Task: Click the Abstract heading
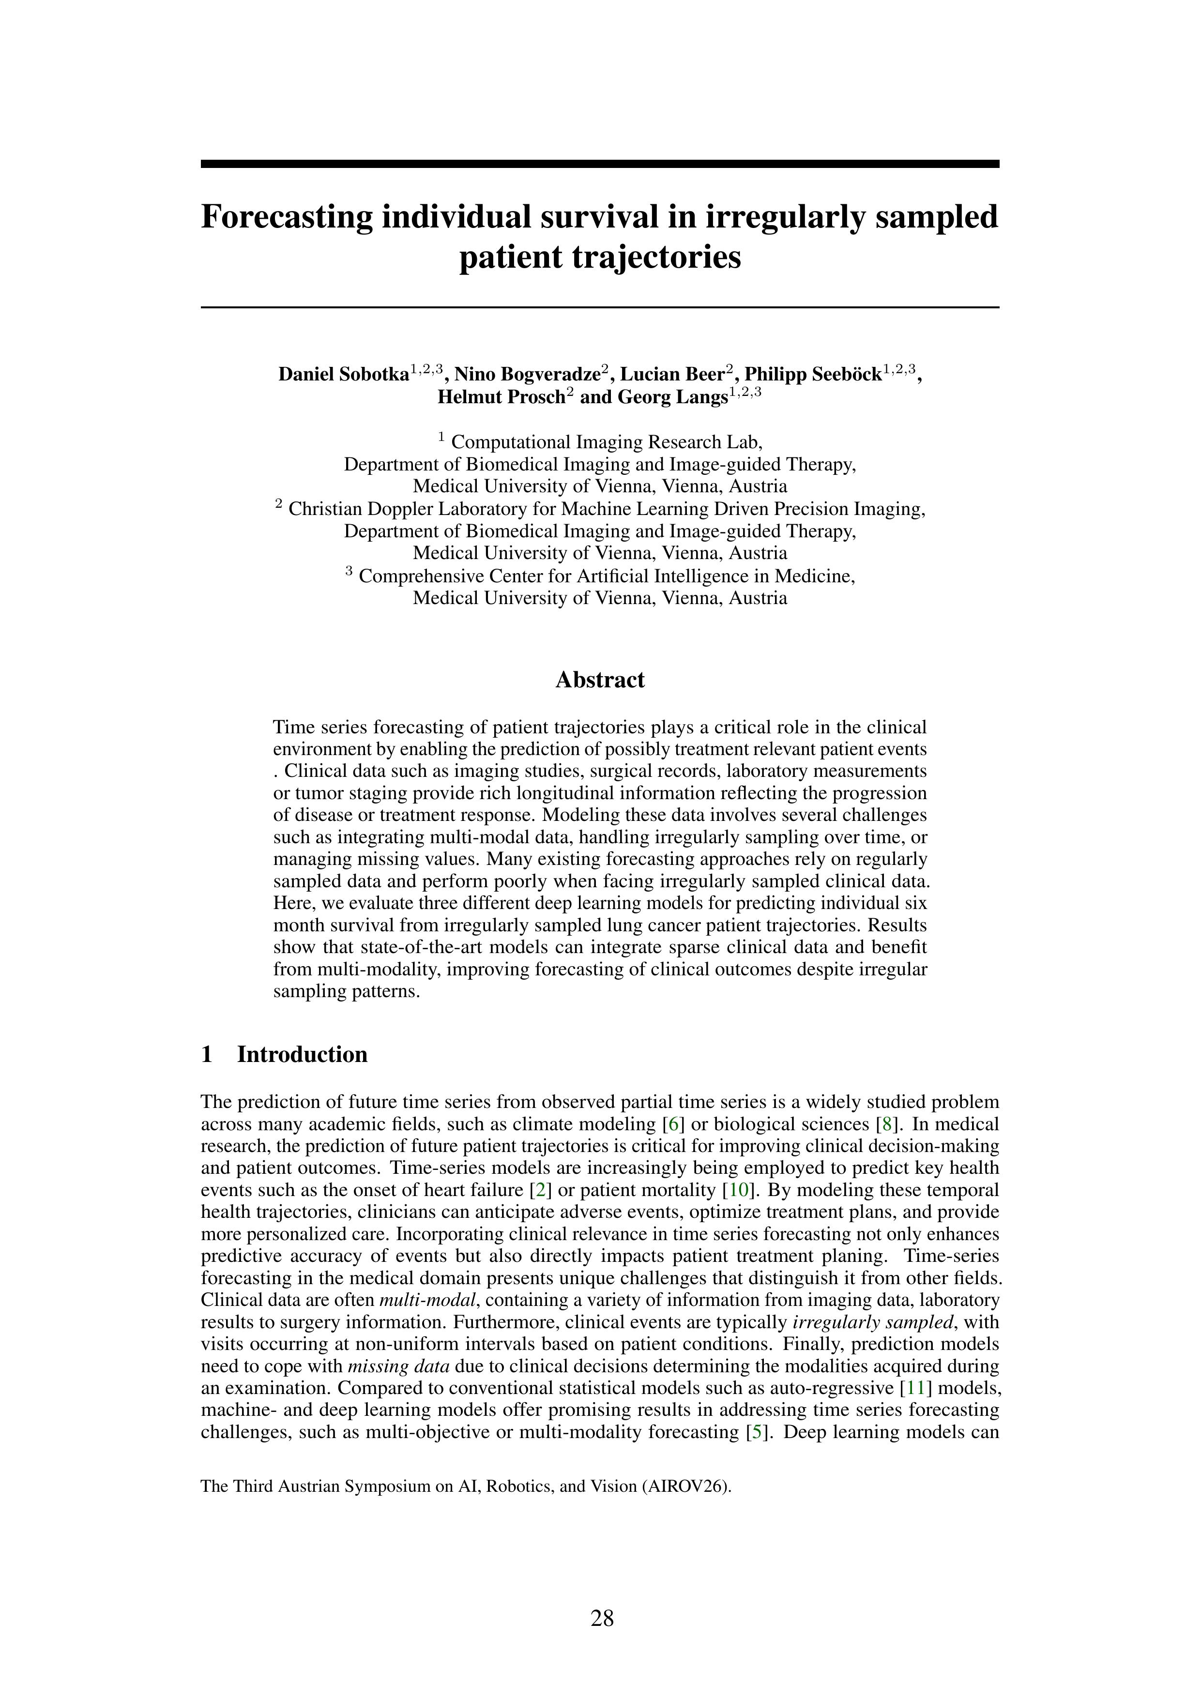point(600,680)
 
